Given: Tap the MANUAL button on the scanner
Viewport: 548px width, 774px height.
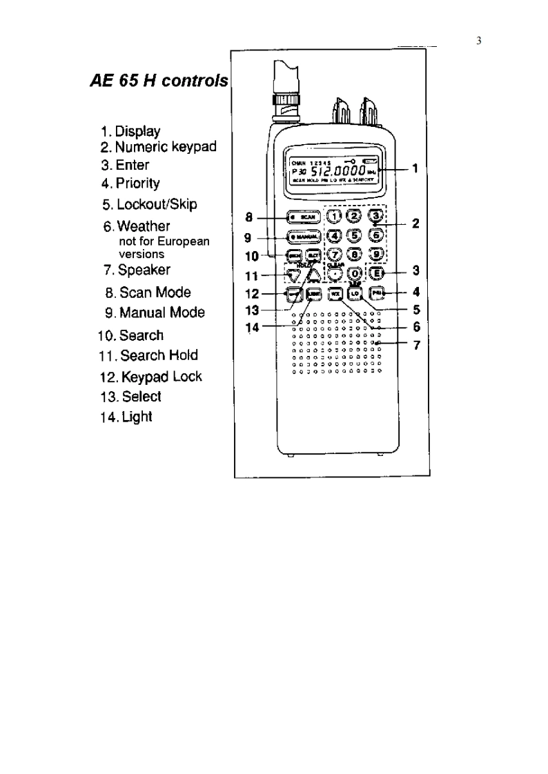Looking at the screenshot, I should tap(303, 237).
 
